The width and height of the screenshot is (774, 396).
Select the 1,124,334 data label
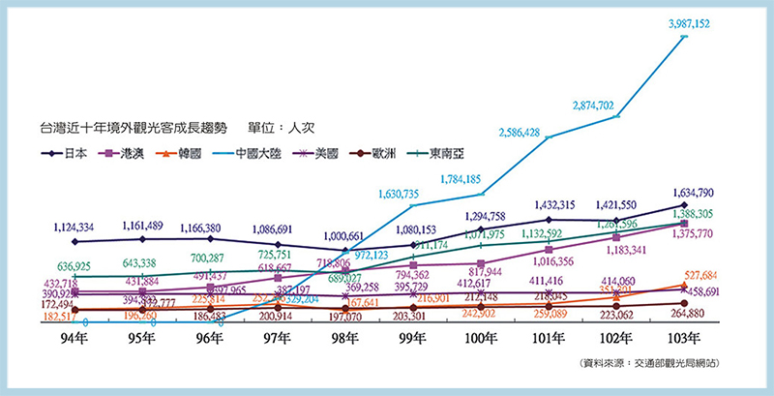[x=88, y=228]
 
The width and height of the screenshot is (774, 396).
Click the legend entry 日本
[x=69, y=153]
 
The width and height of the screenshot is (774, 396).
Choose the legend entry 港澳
[x=141, y=153]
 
